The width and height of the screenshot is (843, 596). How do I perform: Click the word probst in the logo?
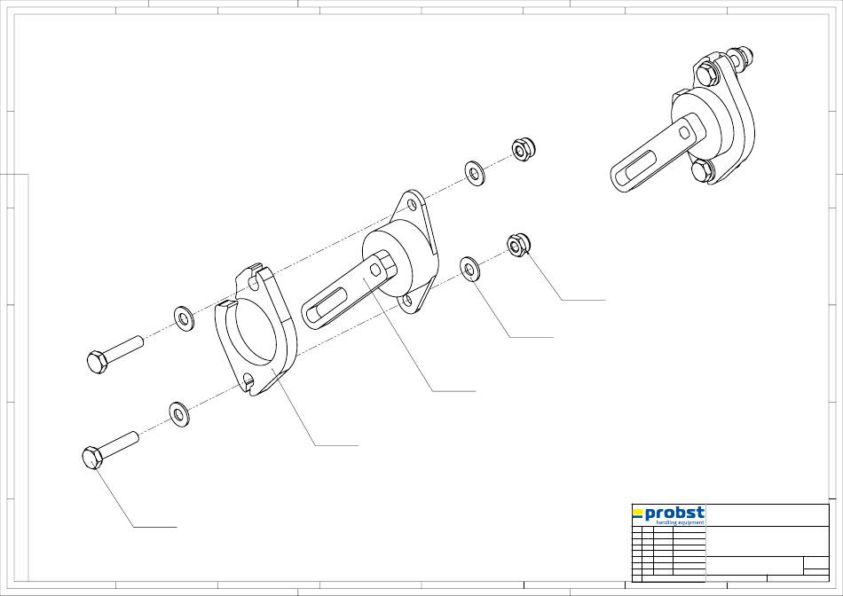[x=674, y=514]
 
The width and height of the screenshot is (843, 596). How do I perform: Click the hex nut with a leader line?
[x=519, y=245]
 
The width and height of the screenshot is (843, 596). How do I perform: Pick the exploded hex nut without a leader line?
[x=523, y=149]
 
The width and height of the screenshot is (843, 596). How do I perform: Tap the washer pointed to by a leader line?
[x=470, y=269]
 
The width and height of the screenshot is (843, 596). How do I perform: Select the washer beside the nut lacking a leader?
[x=474, y=173]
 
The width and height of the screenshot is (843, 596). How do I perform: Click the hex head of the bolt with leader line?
[x=93, y=458]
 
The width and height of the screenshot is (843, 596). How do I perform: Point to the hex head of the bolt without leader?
[x=97, y=362]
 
